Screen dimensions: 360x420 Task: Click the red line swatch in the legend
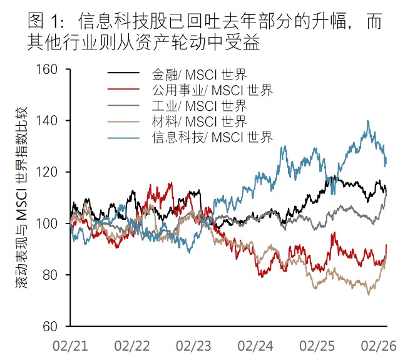coord(124,90)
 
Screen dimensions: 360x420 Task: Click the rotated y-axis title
coord(21,198)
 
